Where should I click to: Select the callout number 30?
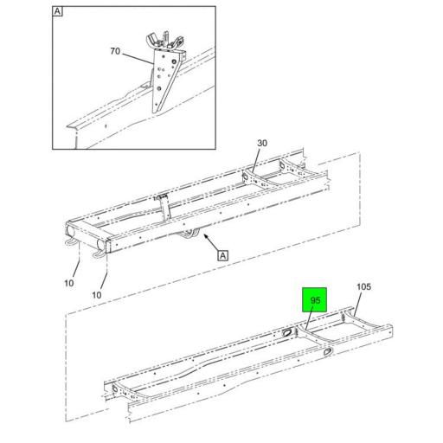pos(262,144)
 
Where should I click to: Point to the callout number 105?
pos(363,287)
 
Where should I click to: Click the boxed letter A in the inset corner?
pos(58,12)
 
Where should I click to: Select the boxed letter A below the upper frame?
pos(222,255)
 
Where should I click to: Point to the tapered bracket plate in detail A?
pos(164,87)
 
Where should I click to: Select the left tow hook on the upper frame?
pos(67,245)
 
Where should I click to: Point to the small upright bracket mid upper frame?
pos(162,206)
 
